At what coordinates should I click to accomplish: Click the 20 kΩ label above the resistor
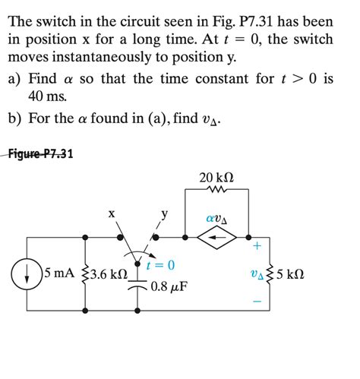coord(216,177)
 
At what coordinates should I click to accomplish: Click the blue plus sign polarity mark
coord(257,246)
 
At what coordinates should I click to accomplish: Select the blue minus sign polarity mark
coord(257,302)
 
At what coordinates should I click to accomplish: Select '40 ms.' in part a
coord(46,96)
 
